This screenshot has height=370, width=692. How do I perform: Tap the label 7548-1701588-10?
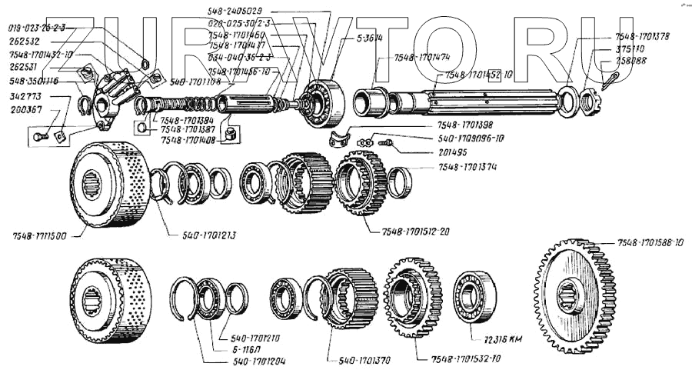click(650, 244)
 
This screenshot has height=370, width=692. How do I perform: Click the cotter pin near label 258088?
click(611, 80)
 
